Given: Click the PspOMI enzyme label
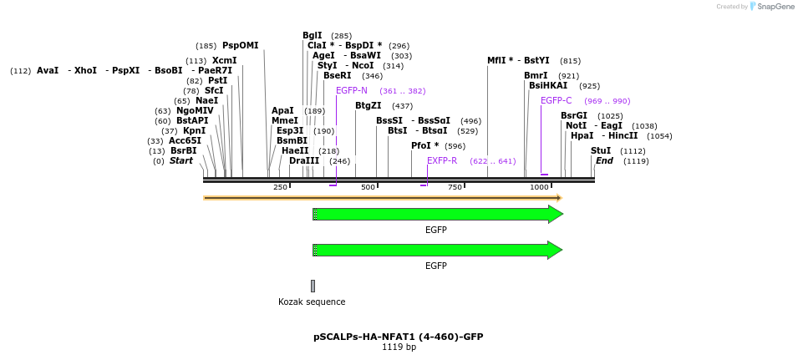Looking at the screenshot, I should (x=240, y=45).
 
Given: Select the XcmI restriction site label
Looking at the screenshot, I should (x=224, y=60).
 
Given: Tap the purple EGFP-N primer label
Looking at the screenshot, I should (x=352, y=90).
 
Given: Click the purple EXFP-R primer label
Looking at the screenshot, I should (x=442, y=160).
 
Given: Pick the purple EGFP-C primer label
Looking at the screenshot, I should (x=557, y=100).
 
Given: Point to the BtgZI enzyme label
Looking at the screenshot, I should (x=368, y=105).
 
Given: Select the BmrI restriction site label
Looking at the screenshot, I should (x=536, y=75).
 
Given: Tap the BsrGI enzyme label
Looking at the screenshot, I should (x=574, y=115).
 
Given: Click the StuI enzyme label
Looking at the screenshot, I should (x=601, y=150).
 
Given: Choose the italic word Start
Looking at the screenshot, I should (x=180, y=160).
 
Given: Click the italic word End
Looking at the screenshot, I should (x=604, y=160).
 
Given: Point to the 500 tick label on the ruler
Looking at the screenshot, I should (x=368, y=187).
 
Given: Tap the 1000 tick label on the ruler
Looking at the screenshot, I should (x=539, y=187).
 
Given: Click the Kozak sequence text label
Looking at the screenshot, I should (x=312, y=302).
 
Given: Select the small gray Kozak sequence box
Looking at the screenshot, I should (x=313, y=286).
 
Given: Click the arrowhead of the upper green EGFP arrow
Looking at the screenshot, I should (x=555, y=214).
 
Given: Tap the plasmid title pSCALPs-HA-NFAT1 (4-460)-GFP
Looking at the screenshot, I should (x=399, y=337).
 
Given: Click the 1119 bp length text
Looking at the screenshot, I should (x=399, y=347).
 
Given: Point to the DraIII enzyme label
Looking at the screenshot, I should (x=304, y=160).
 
